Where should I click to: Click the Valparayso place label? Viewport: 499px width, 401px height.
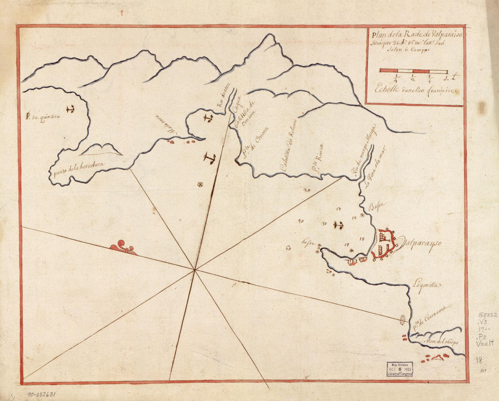[420, 244]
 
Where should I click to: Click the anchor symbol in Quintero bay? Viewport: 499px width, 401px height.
[70, 109]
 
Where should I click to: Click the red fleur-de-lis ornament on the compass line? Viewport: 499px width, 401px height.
[122, 247]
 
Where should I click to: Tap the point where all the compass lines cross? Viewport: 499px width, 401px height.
[195, 270]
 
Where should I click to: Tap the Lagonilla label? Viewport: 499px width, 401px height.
[427, 286]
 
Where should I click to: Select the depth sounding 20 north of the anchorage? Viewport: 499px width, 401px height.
[307, 191]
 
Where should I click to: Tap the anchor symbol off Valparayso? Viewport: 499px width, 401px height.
[338, 225]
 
